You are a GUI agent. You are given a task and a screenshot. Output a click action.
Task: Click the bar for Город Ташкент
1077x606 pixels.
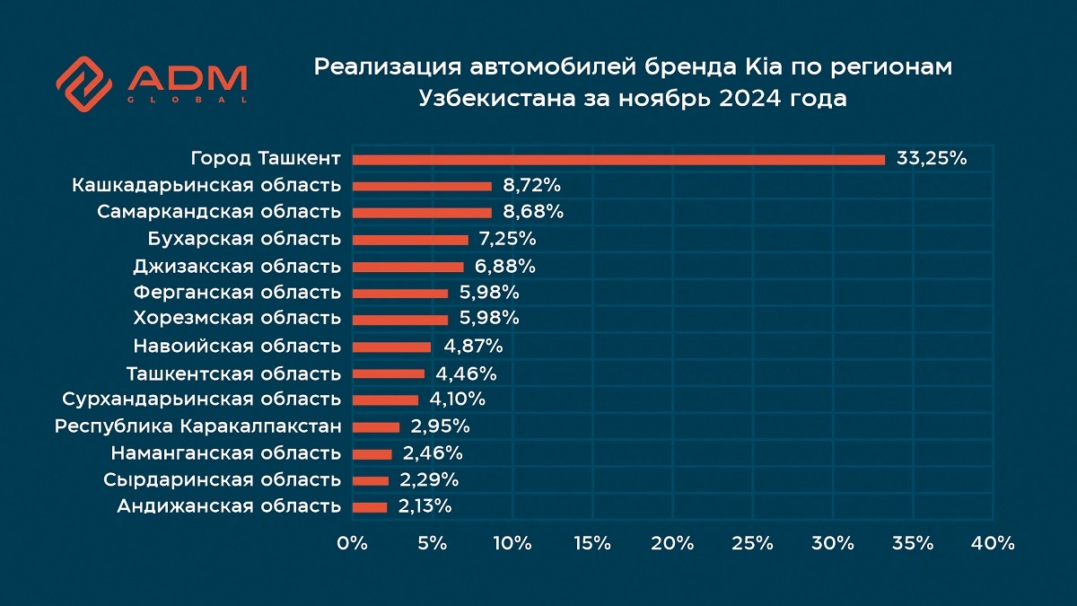coord(618,160)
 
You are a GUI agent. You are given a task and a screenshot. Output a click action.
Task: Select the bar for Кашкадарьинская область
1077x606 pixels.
coord(422,186)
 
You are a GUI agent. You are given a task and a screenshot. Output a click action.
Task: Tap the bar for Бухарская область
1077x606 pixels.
coord(410,240)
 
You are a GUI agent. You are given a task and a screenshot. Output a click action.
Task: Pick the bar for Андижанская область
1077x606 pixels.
coord(370,507)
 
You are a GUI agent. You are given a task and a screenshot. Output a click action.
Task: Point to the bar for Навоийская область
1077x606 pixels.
coord(391,347)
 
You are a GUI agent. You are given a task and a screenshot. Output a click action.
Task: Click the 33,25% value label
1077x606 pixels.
coord(932,160)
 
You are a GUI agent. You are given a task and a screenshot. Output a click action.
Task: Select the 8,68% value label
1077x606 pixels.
coord(533,213)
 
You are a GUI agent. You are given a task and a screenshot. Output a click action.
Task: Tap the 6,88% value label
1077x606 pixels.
coord(506,267)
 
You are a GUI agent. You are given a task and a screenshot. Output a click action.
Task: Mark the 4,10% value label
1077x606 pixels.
coord(457,400)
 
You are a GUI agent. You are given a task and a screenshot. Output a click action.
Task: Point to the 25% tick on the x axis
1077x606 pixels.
coord(752,543)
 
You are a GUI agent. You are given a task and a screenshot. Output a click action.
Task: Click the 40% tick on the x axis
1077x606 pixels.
coord(993,543)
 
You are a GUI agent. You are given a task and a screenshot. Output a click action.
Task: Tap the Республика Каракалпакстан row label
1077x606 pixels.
coord(197,426)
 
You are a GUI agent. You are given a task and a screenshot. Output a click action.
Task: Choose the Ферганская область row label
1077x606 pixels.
coord(237,293)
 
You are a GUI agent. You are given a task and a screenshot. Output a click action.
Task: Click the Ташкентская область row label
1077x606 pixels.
coord(233,373)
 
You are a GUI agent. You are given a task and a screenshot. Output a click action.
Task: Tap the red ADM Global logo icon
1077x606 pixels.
coord(83,83)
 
